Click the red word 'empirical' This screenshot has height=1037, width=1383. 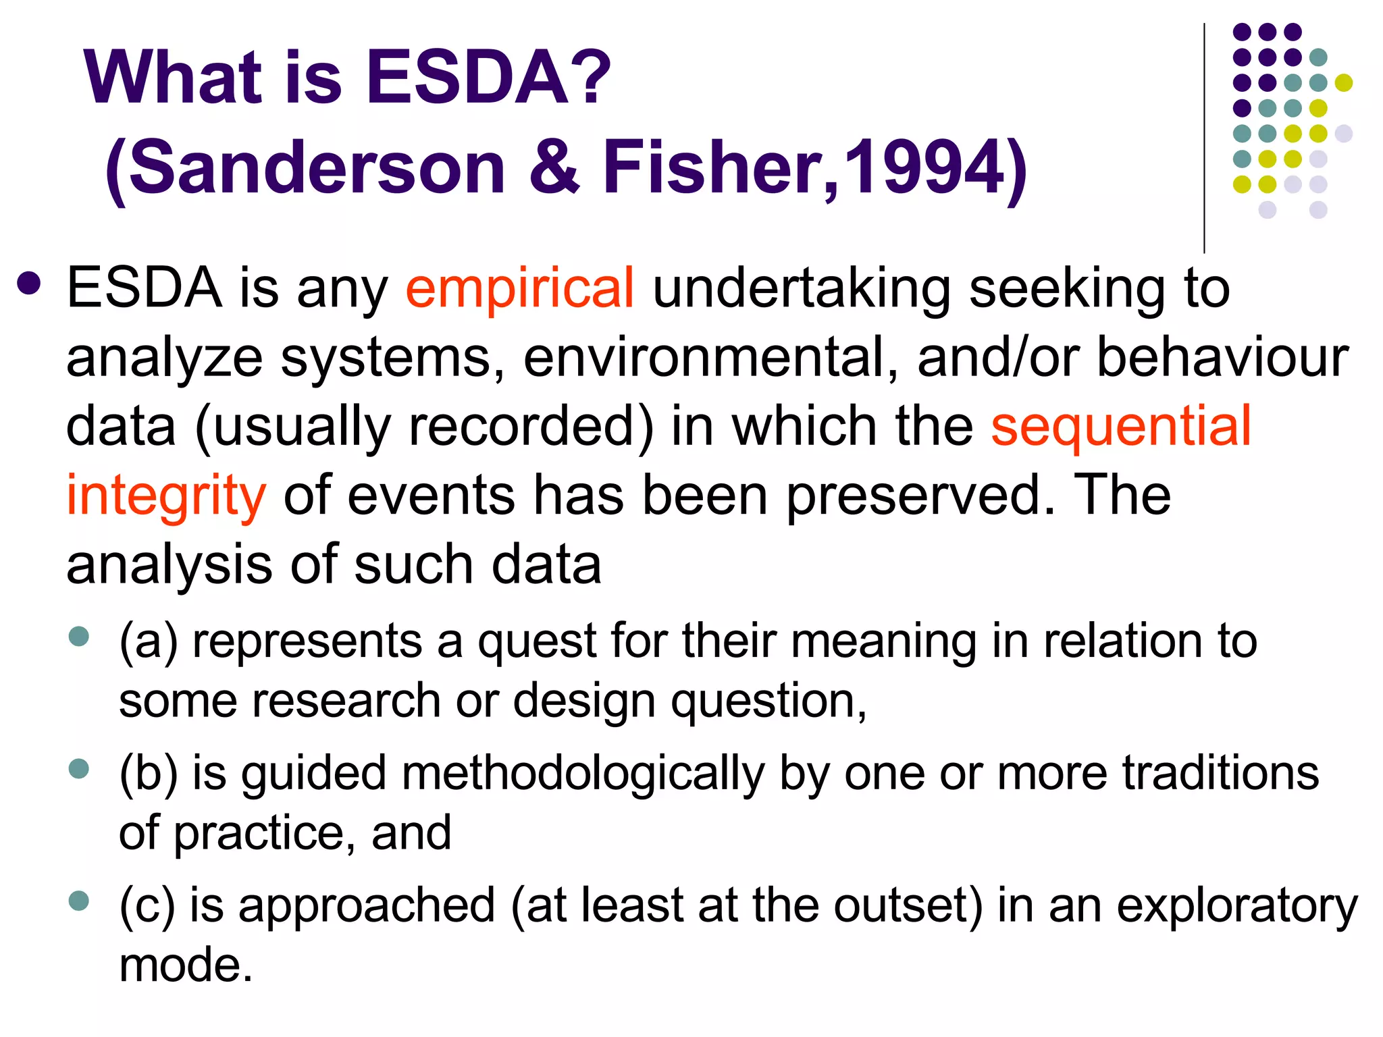pos(519,288)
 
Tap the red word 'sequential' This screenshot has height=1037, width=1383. pos(1121,427)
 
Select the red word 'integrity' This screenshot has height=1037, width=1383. pos(166,496)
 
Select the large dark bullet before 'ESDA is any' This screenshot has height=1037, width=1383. pos(30,284)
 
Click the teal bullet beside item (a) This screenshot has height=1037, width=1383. pos(79,637)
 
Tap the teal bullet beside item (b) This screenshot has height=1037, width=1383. pos(79,768)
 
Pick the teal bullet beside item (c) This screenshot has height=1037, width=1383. pos(79,901)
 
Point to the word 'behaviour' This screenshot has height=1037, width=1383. pos(1222,358)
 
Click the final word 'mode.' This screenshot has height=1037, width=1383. pos(186,965)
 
